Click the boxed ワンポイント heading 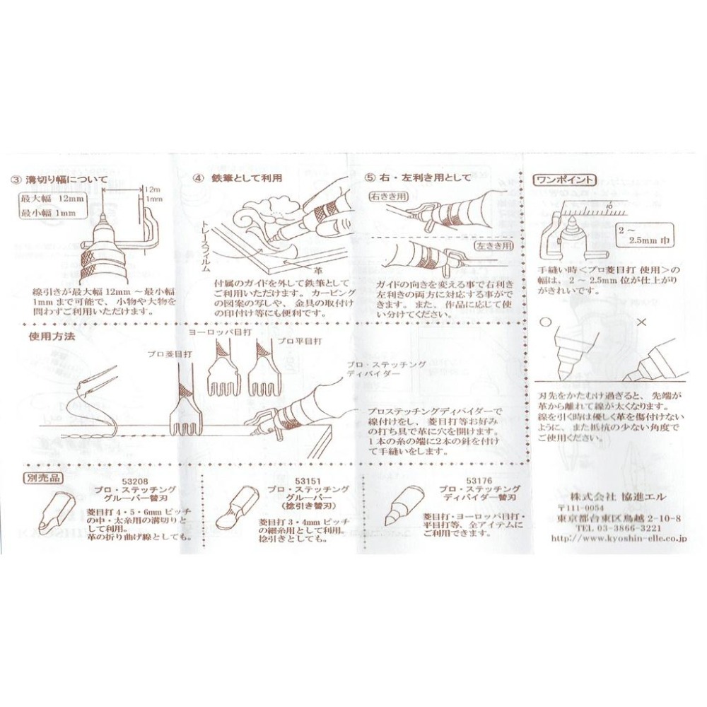[x=566, y=179]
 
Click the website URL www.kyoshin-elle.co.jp [x=618, y=539]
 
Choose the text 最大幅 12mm [x=53, y=200]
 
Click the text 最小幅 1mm [x=49, y=214]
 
